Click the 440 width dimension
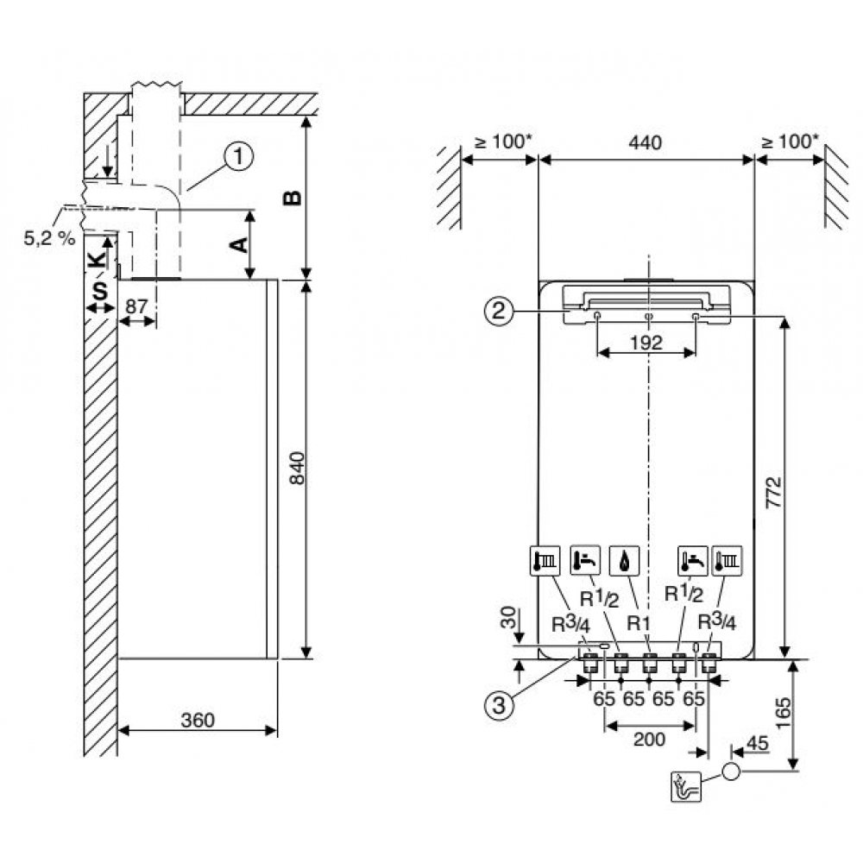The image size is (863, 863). tap(645, 142)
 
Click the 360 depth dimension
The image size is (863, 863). tap(198, 718)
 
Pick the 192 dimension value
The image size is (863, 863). tap(646, 343)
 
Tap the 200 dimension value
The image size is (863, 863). tap(649, 739)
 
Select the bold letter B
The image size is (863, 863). tap(293, 198)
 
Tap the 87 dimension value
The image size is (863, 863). tap(136, 306)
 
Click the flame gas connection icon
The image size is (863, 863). tap(622, 559)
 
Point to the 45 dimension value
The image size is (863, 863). tap(757, 741)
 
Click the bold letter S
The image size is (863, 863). tap(100, 291)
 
